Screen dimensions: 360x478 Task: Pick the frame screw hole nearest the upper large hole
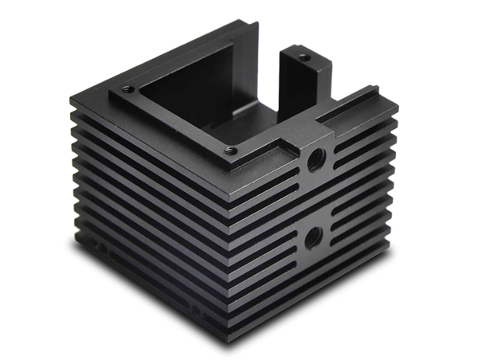pyautogui.click(x=229, y=149)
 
